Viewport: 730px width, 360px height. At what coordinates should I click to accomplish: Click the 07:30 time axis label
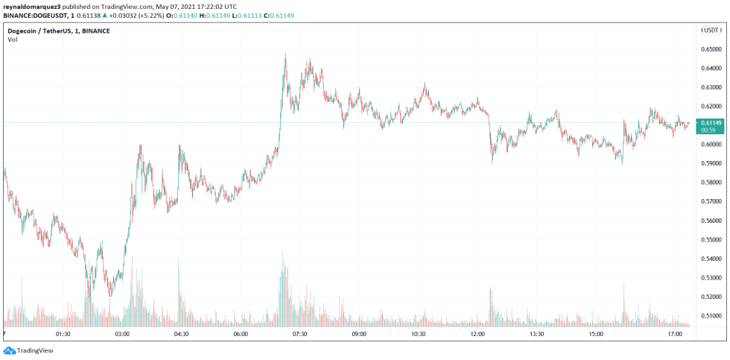pyautogui.click(x=299, y=335)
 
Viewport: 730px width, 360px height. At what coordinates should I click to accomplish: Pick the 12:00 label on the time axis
pyautogui.click(x=477, y=335)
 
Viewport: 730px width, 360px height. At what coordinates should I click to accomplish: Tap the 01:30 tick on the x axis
pyautogui.click(x=63, y=335)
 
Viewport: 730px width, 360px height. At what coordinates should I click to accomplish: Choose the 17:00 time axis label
pyautogui.click(x=675, y=335)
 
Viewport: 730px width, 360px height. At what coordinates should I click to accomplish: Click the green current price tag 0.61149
pyautogui.click(x=711, y=122)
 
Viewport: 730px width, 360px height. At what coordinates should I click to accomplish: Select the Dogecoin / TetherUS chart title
pyautogui.click(x=58, y=31)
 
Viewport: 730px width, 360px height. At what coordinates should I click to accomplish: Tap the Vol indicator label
pyautogui.click(x=12, y=40)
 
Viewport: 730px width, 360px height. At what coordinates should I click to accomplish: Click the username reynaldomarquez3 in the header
pyautogui.click(x=35, y=6)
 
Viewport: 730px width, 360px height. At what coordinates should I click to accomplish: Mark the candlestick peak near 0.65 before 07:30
pyautogui.click(x=285, y=54)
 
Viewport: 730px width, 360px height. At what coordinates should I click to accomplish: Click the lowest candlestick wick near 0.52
pyautogui.click(x=110, y=296)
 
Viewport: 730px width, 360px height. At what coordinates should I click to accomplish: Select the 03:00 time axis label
pyautogui.click(x=122, y=335)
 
